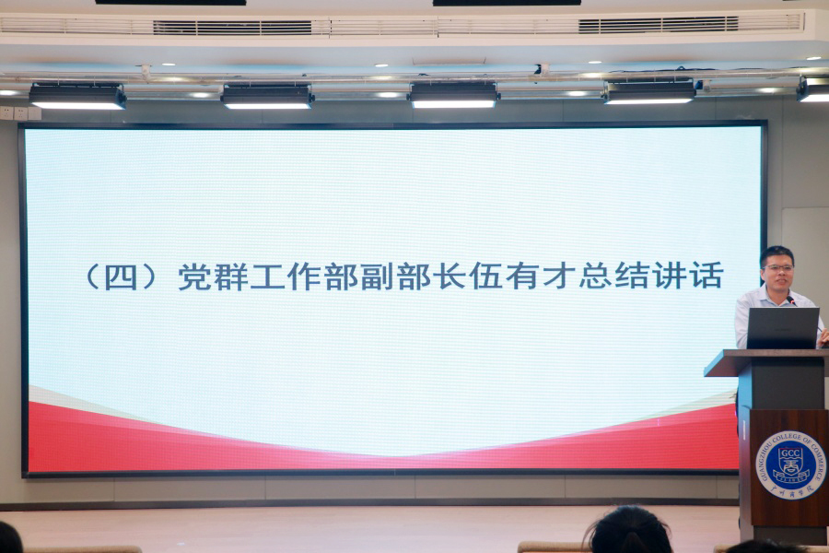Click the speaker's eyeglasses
[x=778, y=268]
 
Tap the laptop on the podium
[x=783, y=328]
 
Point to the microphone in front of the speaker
[x=792, y=300]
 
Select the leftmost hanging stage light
[x=77, y=96]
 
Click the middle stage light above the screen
[x=453, y=95]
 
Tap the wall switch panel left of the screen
[x=19, y=113]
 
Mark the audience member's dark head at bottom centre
[x=630, y=532]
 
